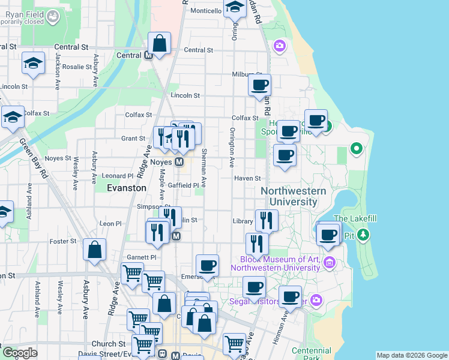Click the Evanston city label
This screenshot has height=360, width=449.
(x=126, y=188)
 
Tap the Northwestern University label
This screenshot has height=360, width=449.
(x=294, y=196)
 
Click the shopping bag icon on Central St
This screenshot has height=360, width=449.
(x=160, y=44)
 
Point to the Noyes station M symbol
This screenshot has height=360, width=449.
(x=179, y=162)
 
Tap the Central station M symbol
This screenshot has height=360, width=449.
(x=148, y=56)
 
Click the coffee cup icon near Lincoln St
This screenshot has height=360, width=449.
(x=259, y=85)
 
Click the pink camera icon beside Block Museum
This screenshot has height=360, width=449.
(x=329, y=262)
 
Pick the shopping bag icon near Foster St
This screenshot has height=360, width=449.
(x=95, y=250)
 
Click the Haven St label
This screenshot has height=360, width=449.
(x=248, y=178)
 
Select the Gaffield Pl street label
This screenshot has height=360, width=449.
(x=182, y=185)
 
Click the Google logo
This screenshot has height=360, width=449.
(x=19, y=352)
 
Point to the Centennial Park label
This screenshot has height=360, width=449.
(x=311, y=354)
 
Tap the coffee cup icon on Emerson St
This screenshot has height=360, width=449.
(x=207, y=265)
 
